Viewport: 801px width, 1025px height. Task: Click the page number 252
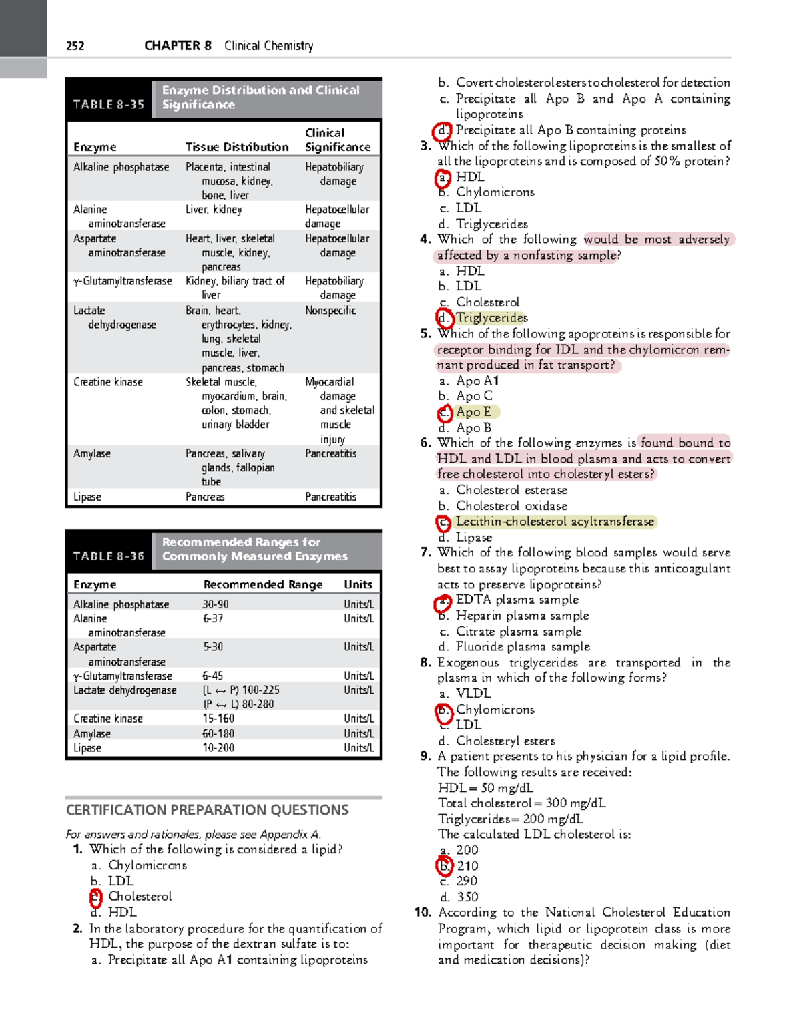click(x=75, y=46)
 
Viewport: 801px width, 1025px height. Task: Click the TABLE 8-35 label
click(x=109, y=105)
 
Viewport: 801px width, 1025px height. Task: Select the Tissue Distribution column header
click(x=237, y=147)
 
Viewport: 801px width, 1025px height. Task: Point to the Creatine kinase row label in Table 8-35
click(x=108, y=382)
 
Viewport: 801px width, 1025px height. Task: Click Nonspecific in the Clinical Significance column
click(x=330, y=311)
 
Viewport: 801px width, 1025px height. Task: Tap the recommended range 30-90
click(x=216, y=604)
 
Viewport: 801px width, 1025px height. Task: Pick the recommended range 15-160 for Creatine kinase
click(x=218, y=719)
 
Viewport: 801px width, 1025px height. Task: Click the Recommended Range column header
click(x=263, y=584)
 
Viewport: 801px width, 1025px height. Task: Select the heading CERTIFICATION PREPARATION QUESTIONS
click(x=207, y=810)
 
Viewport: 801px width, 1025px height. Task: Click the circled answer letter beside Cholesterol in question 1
click(x=96, y=897)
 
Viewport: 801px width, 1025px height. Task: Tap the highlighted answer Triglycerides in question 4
click(x=491, y=318)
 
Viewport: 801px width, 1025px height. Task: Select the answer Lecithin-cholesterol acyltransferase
click(x=555, y=522)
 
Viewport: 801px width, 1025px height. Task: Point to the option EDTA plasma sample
click(x=517, y=600)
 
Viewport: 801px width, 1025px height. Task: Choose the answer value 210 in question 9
click(x=467, y=866)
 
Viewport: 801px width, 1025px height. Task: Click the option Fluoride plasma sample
click(x=523, y=646)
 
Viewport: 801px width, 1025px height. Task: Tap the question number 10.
click(x=422, y=913)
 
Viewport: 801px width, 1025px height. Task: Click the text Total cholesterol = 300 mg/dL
click(x=521, y=803)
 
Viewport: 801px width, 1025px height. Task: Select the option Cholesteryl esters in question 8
click(x=505, y=741)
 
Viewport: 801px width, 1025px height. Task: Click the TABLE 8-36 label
click(x=109, y=556)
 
